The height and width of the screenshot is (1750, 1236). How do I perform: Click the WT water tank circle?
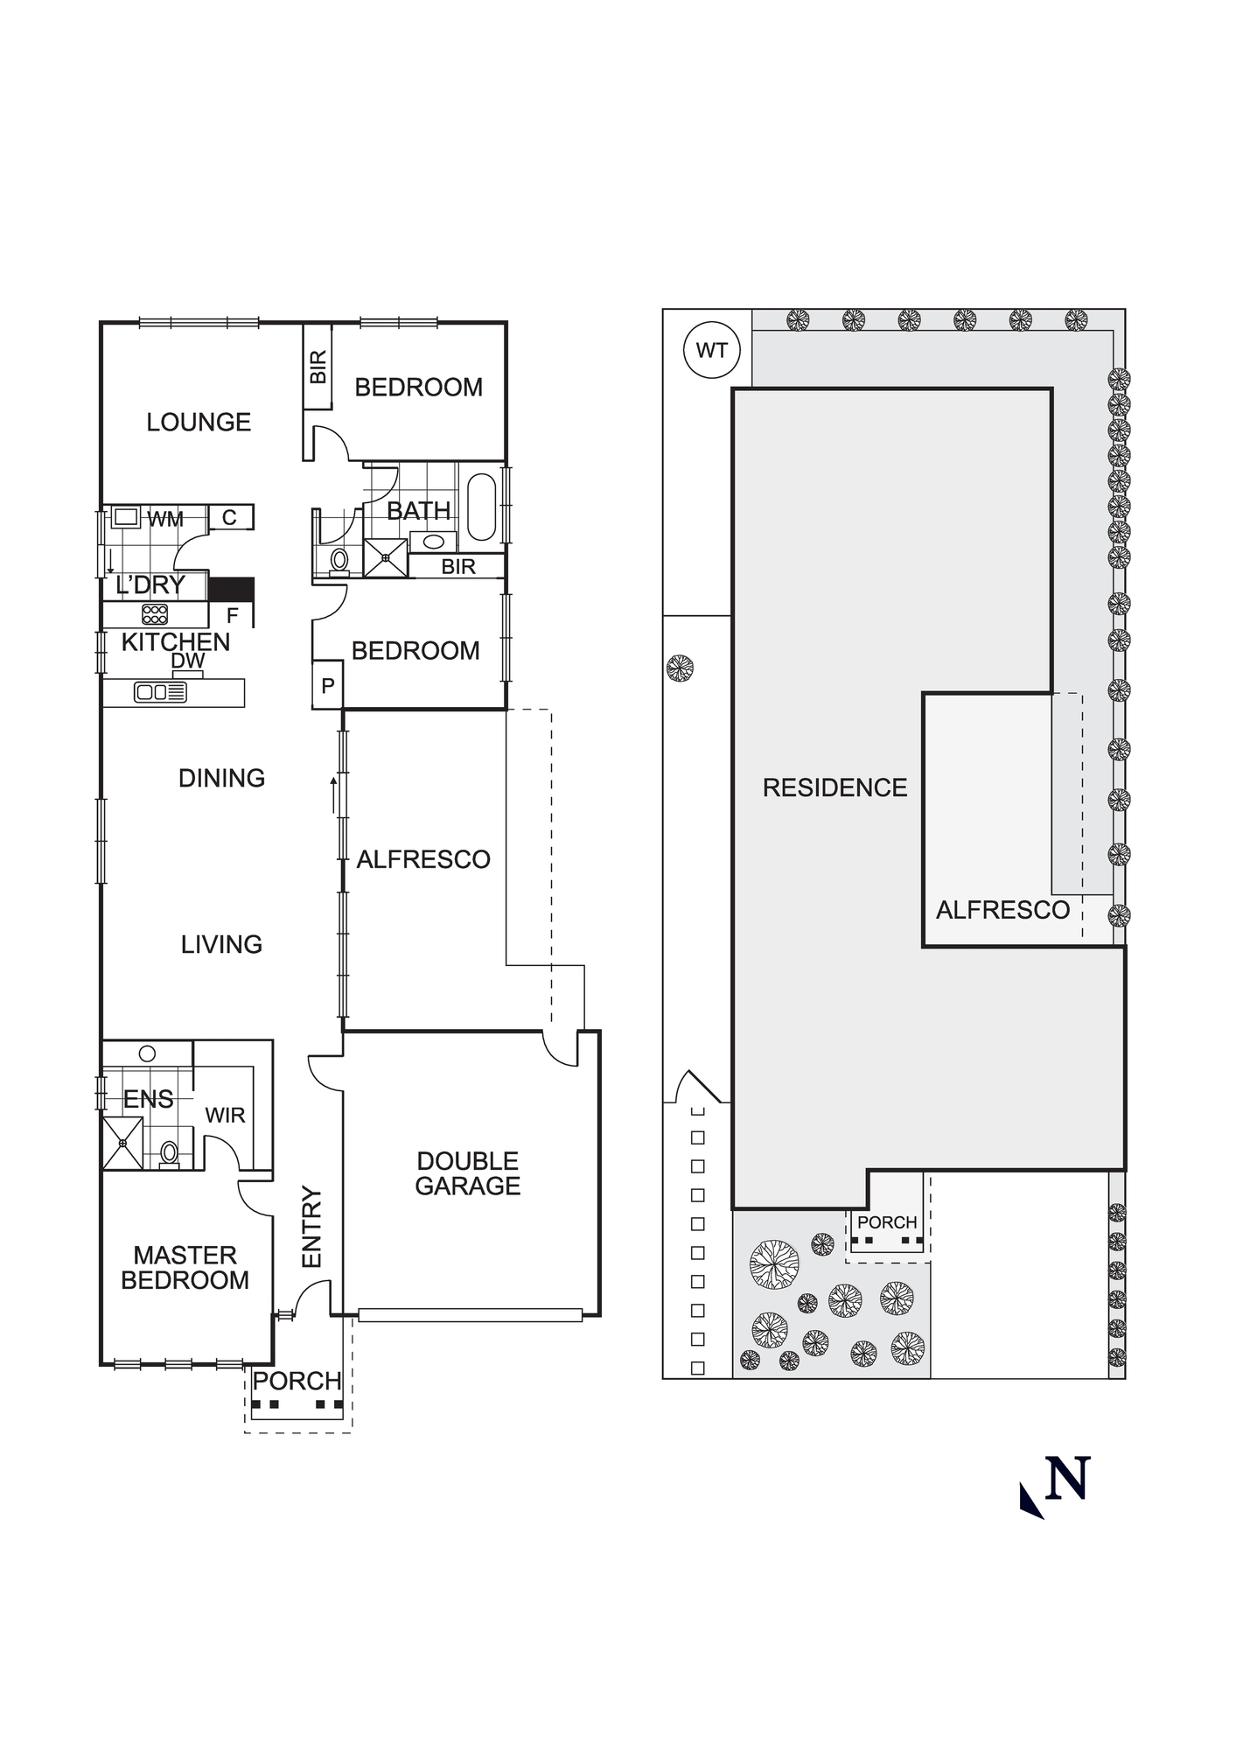pos(711,351)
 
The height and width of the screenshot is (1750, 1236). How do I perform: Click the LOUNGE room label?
pos(199,423)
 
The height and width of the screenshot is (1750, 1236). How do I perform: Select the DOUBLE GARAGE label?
pos(468,1173)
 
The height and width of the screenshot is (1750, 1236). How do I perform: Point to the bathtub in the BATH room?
pos(482,507)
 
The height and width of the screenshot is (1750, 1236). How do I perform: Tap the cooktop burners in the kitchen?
pos(155,614)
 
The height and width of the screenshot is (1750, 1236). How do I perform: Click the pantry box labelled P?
pos(328,686)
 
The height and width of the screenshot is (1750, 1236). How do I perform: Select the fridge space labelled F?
pos(232,616)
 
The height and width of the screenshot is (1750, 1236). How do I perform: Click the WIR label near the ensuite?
pos(225,1116)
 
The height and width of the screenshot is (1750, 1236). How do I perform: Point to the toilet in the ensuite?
pos(170,1153)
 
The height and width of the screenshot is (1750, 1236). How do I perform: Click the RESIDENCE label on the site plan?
pos(834,787)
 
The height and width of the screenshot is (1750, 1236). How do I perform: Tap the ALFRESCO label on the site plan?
pos(1002,911)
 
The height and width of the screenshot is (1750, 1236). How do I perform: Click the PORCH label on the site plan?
pos(887,1222)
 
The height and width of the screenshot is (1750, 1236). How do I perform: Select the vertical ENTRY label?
pos(312,1226)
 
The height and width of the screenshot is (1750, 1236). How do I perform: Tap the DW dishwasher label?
pos(187,661)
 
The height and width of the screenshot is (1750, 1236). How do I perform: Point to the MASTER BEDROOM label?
pos(185,1268)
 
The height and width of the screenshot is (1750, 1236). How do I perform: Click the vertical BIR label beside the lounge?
pos(318,367)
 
